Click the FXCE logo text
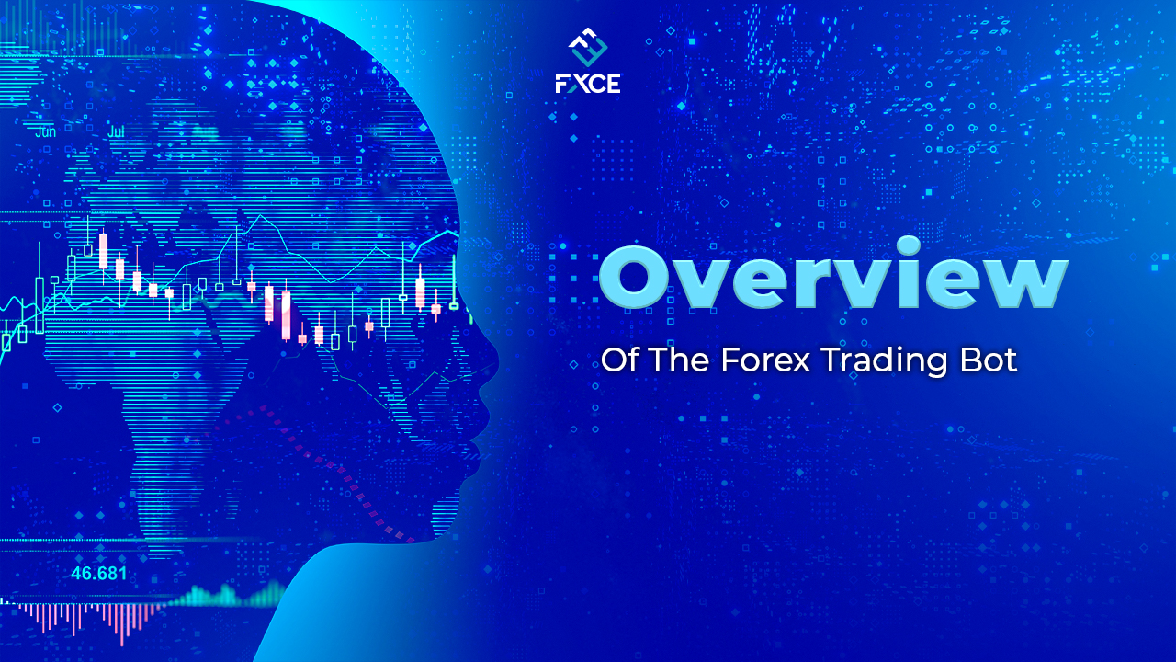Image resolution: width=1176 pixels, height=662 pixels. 588,83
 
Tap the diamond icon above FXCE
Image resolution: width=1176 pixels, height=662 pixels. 588,48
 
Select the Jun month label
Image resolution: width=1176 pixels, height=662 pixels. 45,131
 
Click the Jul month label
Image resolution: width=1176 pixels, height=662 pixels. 117,131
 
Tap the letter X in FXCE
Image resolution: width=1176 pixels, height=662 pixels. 579,83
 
